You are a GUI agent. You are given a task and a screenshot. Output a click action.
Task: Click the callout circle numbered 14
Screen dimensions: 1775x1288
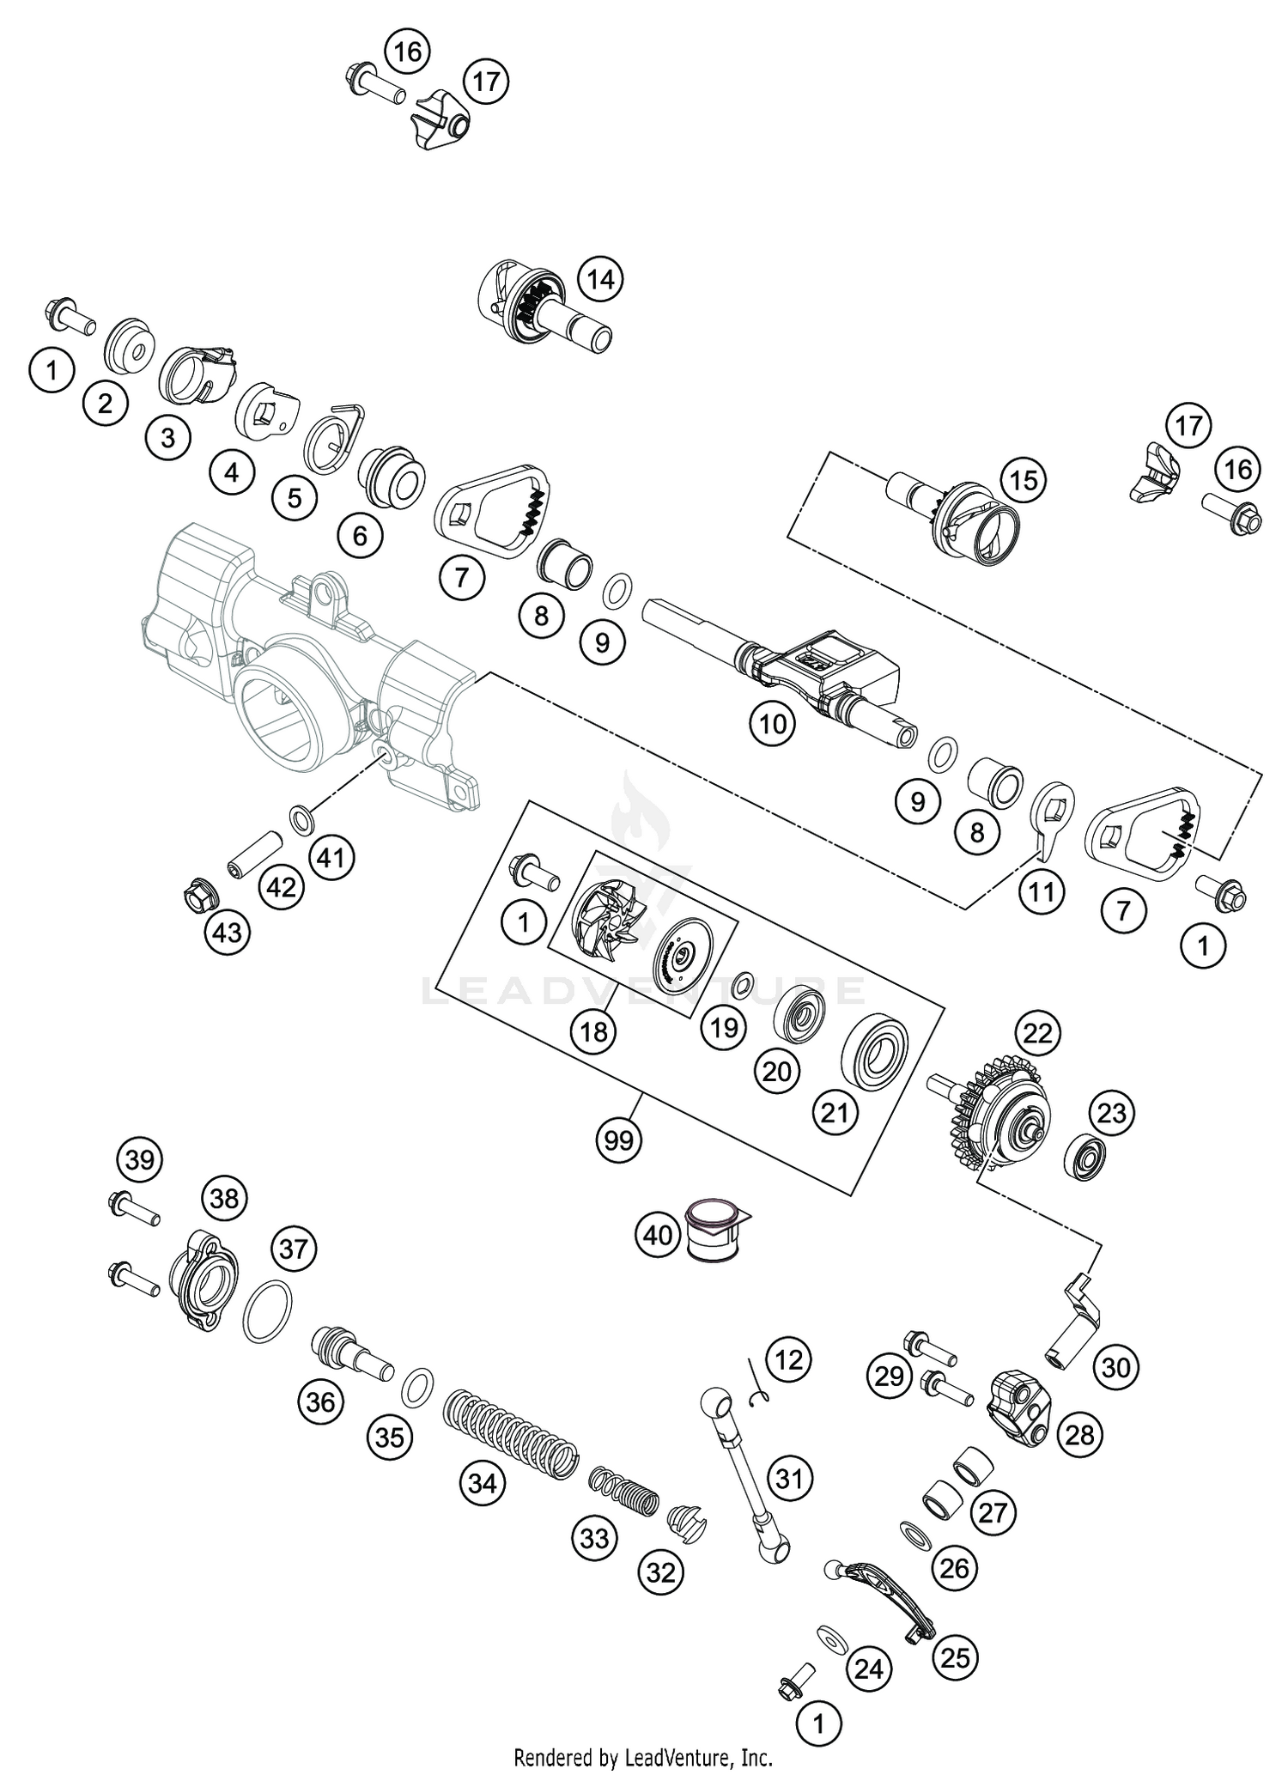[600, 279]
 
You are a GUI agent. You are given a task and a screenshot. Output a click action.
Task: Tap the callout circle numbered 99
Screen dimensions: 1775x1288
[618, 1140]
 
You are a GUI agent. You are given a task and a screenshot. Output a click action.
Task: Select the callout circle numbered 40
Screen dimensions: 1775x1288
[658, 1235]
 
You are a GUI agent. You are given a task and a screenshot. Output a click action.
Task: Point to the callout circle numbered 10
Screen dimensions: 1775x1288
[772, 724]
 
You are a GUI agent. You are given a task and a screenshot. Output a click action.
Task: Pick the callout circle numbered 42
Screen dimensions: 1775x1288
[281, 887]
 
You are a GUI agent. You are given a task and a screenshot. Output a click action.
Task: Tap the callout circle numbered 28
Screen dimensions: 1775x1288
[1079, 1433]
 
